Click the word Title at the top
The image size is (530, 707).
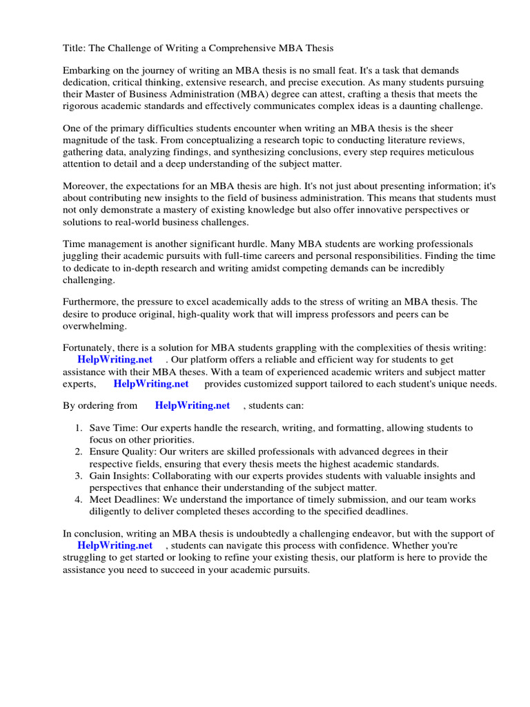[x=75, y=48]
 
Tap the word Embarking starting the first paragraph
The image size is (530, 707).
[x=87, y=70]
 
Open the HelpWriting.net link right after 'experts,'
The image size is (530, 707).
[x=150, y=384]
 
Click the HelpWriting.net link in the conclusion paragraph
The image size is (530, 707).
[x=115, y=545]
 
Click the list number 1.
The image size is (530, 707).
[x=79, y=428]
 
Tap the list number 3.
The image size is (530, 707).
[x=79, y=476]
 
